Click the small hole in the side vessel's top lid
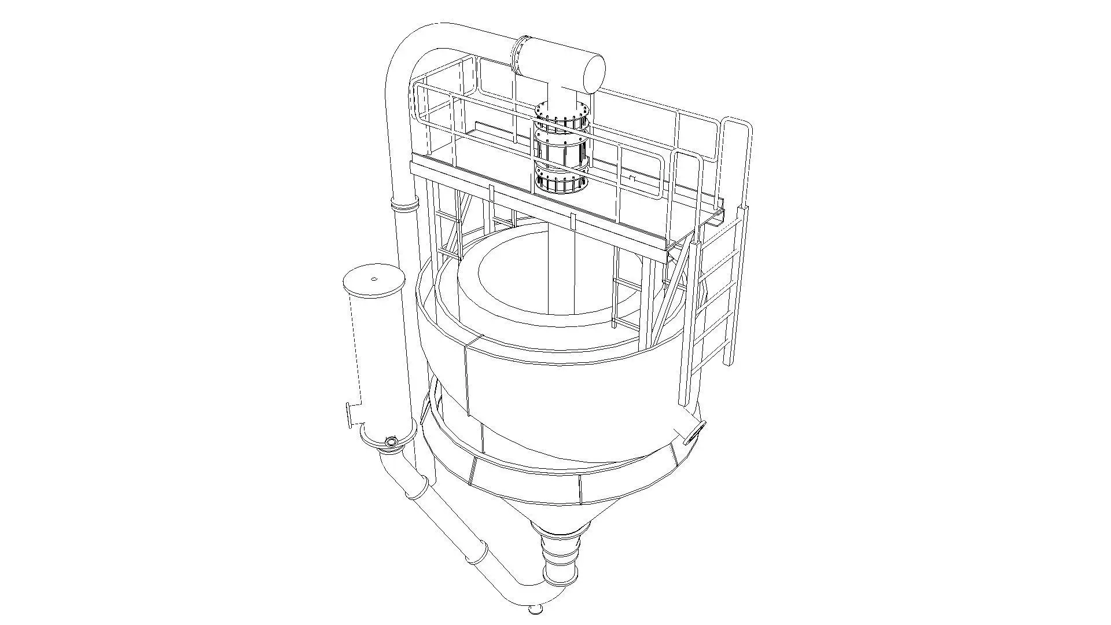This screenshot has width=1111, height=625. pyautogui.click(x=374, y=279)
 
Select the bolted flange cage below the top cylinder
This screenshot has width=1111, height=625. pyautogui.click(x=561, y=150)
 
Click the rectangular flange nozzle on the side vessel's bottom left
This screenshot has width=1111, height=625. pyautogui.click(x=350, y=416)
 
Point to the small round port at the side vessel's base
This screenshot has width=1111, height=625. pyautogui.click(x=392, y=443)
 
